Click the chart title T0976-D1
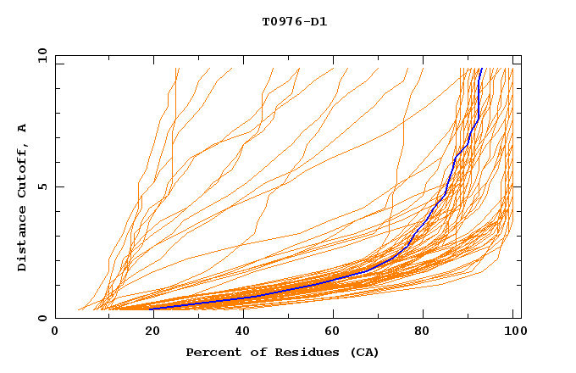point(294,22)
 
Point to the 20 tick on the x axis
point(147,333)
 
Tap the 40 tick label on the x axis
point(239,333)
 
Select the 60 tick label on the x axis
point(331,333)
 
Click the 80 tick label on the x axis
point(423,333)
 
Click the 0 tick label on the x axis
point(55,333)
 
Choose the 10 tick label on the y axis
point(40,55)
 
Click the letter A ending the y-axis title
point(23,127)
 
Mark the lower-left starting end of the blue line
point(152,309)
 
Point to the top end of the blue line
point(481,69)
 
